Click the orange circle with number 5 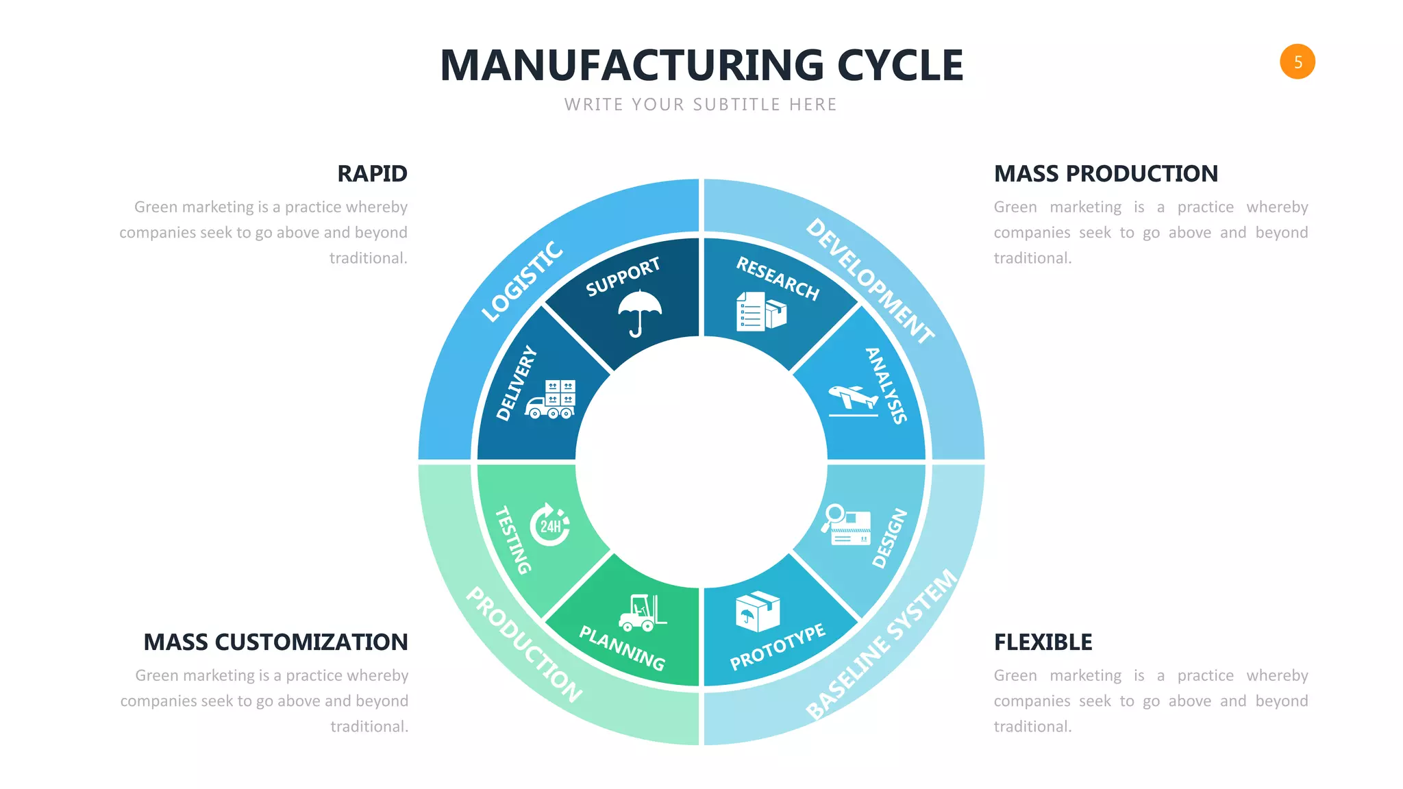[x=1297, y=62]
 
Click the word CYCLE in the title [x=899, y=66]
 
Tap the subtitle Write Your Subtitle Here [x=700, y=105]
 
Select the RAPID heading [x=372, y=174]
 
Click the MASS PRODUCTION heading [x=1106, y=174]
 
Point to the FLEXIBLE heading [x=1043, y=642]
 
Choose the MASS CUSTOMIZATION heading [x=275, y=642]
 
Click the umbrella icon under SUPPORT [x=639, y=312]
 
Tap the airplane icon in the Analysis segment [x=853, y=400]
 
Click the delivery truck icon [x=551, y=399]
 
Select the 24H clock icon [x=550, y=525]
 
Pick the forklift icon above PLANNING [x=642, y=612]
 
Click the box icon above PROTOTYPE [x=757, y=611]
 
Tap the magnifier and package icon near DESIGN [x=847, y=525]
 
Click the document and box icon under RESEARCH [x=760, y=312]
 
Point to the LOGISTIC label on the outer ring [x=522, y=281]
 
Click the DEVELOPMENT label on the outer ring [x=869, y=281]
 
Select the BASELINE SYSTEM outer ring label [x=881, y=644]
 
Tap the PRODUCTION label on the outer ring [x=524, y=644]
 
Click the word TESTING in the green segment [x=512, y=540]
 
